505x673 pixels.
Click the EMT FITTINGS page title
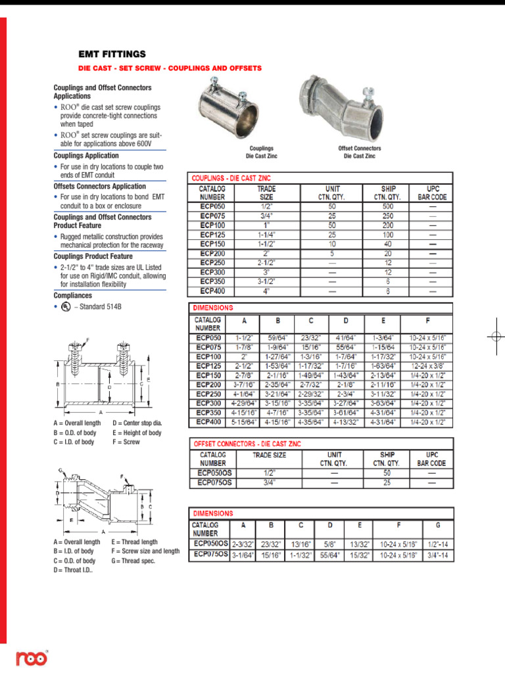(112, 54)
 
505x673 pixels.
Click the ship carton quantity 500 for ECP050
(388, 206)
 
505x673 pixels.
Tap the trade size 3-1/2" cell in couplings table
(266, 281)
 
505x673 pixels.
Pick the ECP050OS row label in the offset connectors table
(212, 473)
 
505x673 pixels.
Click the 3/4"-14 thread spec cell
(438, 555)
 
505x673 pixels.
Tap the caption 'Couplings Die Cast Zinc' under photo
(260, 152)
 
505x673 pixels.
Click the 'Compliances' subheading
(73, 296)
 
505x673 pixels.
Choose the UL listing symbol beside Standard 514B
(65, 306)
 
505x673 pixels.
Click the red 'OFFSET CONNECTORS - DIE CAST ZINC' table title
(247, 444)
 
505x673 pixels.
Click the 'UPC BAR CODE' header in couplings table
(432, 193)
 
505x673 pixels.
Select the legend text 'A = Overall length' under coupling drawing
(78, 424)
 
